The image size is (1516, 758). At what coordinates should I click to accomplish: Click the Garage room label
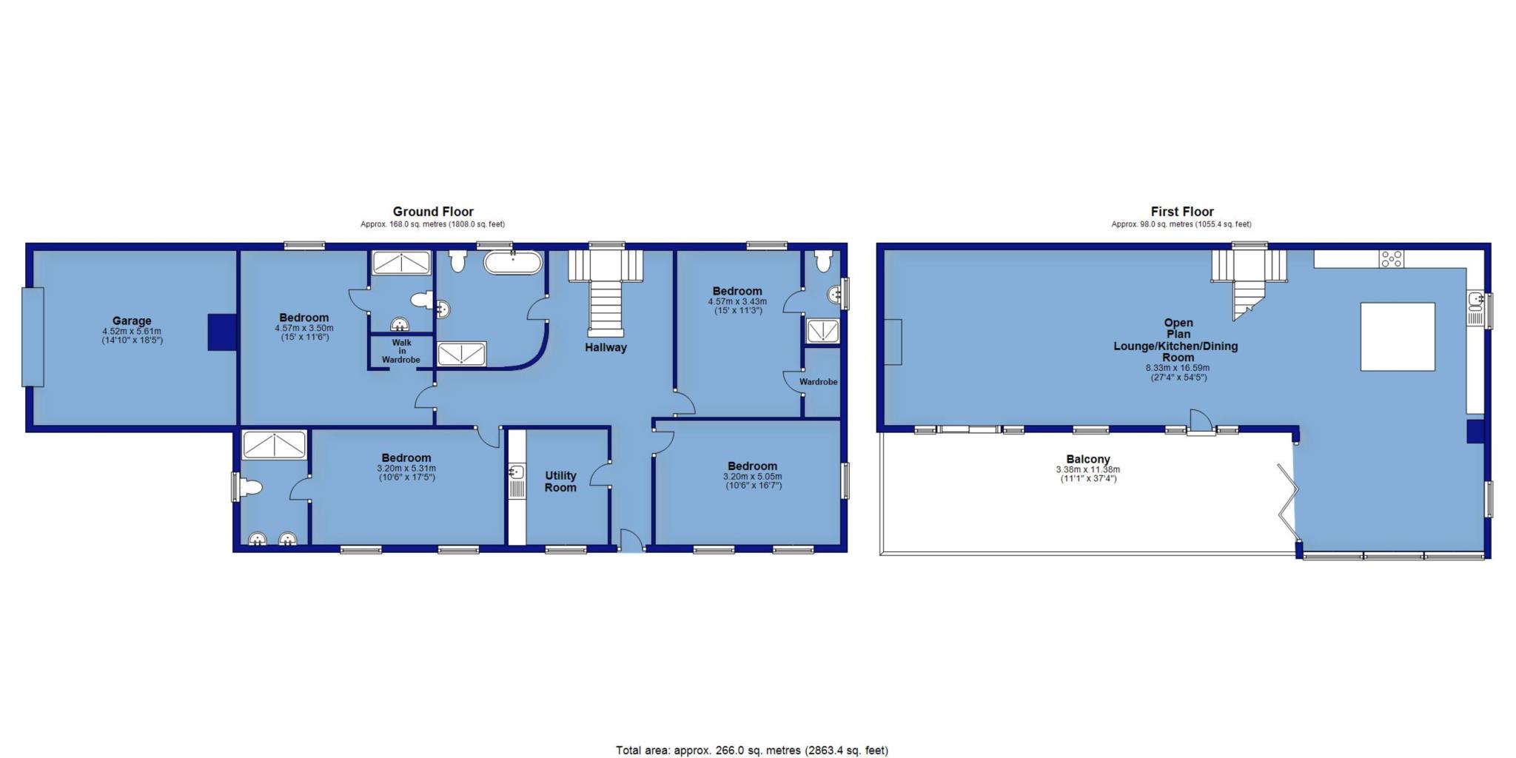[x=132, y=321]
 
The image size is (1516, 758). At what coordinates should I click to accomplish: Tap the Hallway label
[x=606, y=347]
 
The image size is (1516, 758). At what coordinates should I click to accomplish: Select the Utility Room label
[x=560, y=481]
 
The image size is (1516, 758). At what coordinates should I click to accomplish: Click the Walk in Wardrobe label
[x=400, y=352]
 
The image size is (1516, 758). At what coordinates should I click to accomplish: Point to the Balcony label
[x=1087, y=460]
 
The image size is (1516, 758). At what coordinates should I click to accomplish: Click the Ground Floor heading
[x=433, y=212]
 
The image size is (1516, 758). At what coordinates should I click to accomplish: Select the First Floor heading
[x=1182, y=212]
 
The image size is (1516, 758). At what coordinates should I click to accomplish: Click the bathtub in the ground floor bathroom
[x=513, y=263]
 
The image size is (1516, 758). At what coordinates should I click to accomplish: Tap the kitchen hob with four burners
[x=1391, y=259]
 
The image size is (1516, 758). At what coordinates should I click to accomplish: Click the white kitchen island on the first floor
[x=1398, y=336]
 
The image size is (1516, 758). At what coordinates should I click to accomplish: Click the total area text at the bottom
[x=752, y=750]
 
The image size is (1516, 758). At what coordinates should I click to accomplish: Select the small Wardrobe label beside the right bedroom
[x=818, y=382]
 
